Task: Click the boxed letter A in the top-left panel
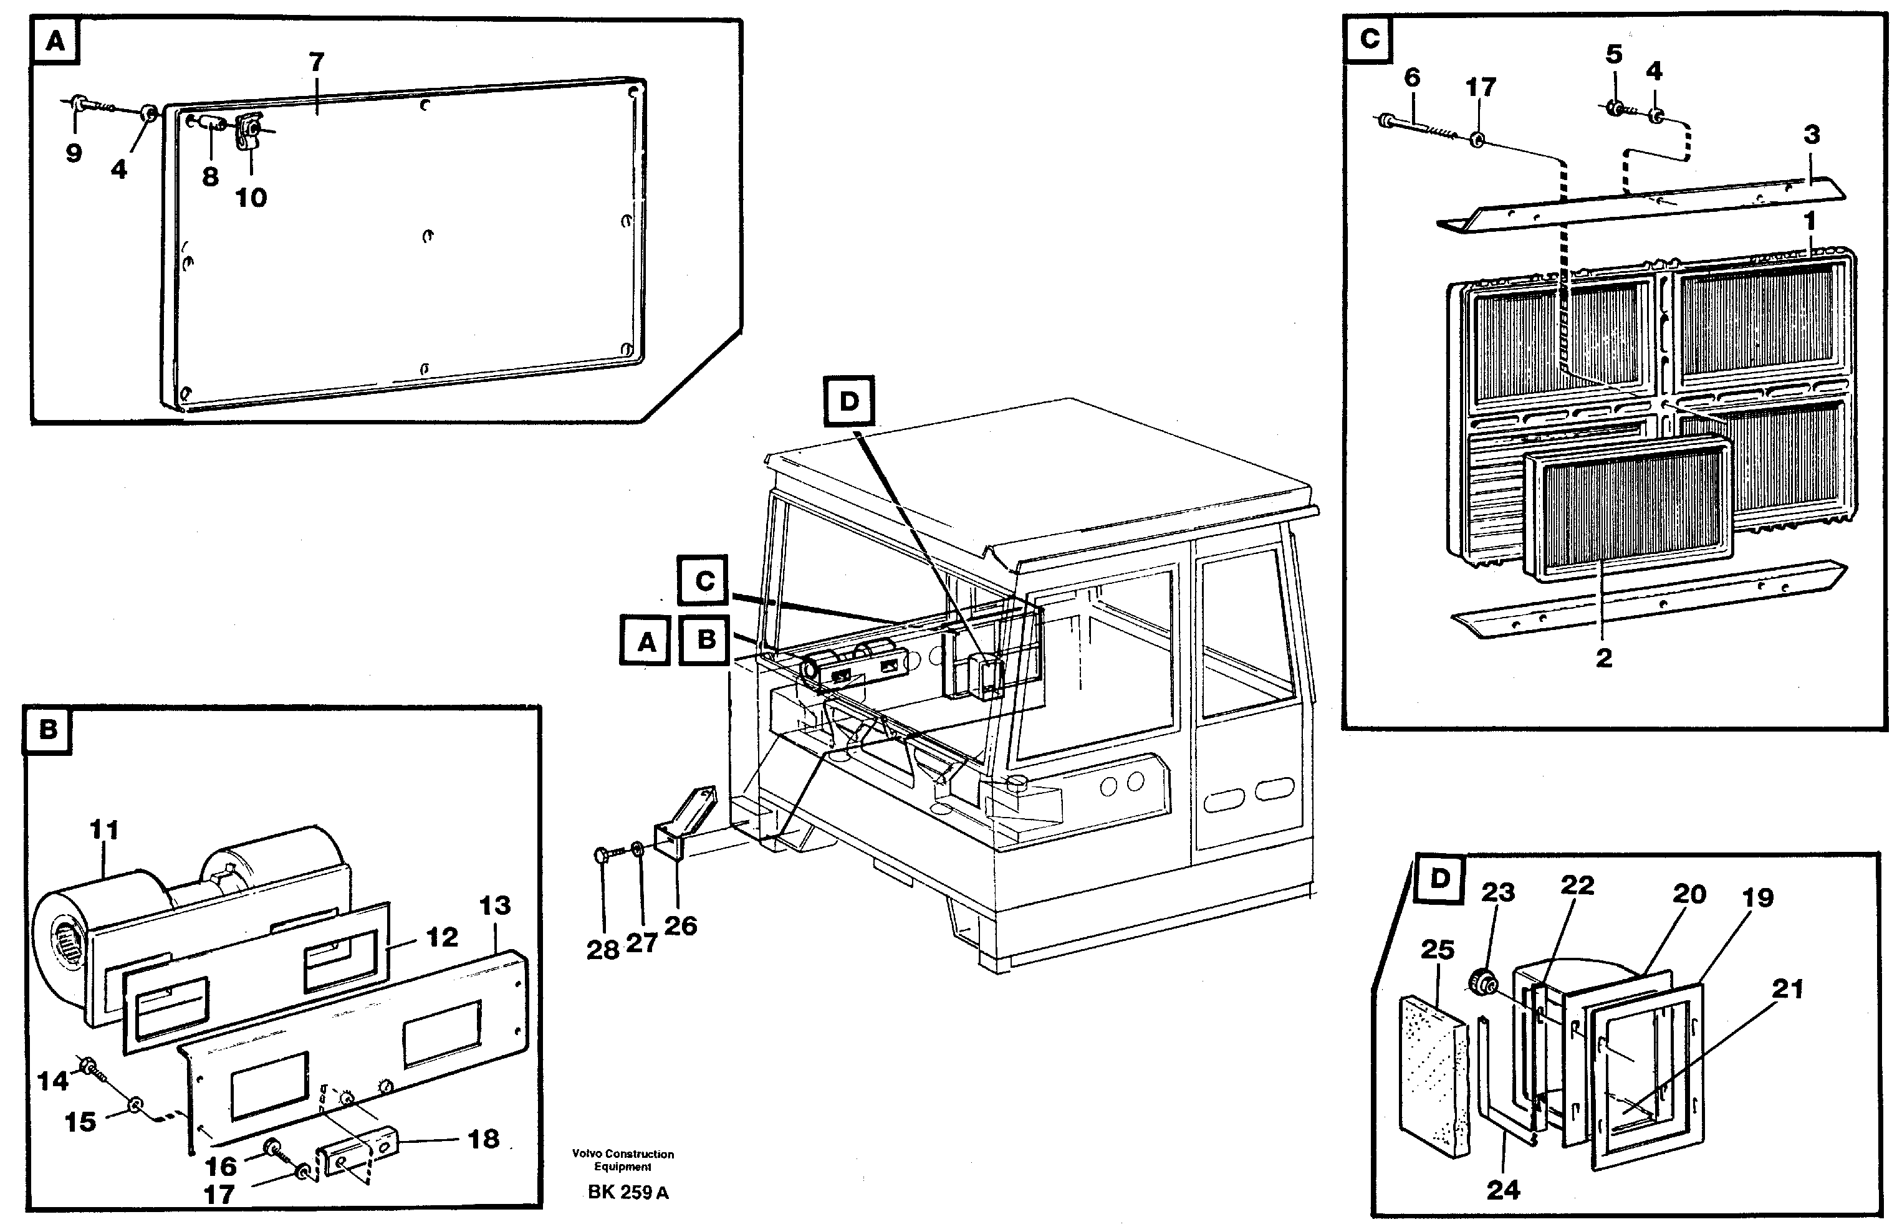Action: pyautogui.click(x=55, y=41)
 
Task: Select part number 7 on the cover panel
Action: pyautogui.click(x=317, y=62)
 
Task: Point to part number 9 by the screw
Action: pyautogui.click(x=74, y=152)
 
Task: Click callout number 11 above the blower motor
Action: pyautogui.click(x=103, y=829)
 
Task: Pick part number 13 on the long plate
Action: pyautogui.click(x=495, y=905)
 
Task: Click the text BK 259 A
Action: pyautogui.click(x=628, y=1192)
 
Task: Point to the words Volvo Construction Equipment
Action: pyautogui.click(x=623, y=1160)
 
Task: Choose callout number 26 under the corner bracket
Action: pyautogui.click(x=680, y=925)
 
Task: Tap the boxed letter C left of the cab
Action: pyautogui.click(x=704, y=581)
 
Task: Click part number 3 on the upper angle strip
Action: pyautogui.click(x=1812, y=134)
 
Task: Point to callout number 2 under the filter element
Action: pyautogui.click(x=1603, y=657)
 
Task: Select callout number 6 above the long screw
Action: pyautogui.click(x=1411, y=77)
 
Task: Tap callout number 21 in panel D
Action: pyautogui.click(x=1787, y=989)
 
